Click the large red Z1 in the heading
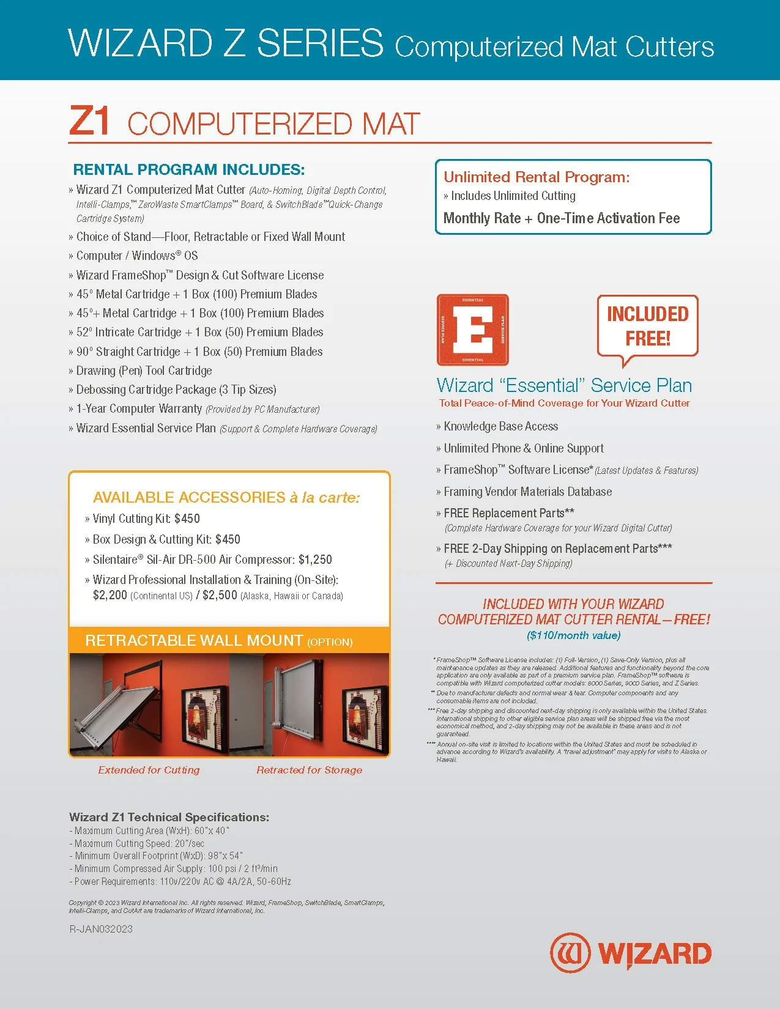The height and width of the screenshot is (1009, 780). [89, 121]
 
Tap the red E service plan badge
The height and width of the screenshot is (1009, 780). [472, 330]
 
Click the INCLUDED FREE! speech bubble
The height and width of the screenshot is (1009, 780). [647, 327]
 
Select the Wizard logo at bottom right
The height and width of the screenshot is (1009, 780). [630, 953]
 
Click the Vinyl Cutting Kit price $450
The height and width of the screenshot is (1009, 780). [187, 519]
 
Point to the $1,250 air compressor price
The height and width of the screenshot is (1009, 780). [315, 560]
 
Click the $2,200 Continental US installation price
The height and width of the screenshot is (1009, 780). [110, 595]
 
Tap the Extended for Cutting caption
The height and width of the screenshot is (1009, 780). [149, 770]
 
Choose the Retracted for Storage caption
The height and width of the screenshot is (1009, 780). [309, 770]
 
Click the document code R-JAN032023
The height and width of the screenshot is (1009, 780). [101, 929]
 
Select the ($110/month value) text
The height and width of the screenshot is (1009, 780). [573, 635]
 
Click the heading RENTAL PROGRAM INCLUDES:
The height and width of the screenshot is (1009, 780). [188, 169]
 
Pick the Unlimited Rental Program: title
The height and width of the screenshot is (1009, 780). [537, 177]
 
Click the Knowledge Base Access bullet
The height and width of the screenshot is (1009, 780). [500, 426]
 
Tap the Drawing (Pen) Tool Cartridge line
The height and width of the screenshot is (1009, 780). [144, 371]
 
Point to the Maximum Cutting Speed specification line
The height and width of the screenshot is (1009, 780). [139, 843]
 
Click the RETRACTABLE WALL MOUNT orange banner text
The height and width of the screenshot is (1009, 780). [194, 640]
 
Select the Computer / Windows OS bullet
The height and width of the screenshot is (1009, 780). [136, 256]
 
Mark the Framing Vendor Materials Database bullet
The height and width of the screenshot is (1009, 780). [527, 492]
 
